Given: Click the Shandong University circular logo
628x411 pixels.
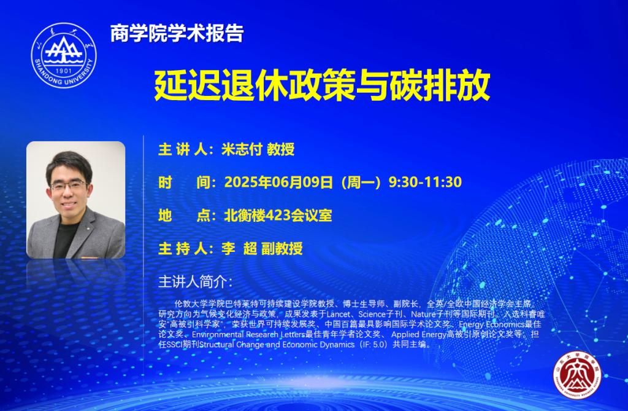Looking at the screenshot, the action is [64, 55].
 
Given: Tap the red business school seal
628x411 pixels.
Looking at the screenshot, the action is [577, 375].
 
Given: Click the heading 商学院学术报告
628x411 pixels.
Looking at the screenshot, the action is [177, 33].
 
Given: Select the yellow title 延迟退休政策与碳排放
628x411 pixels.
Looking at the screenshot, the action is [322, 85].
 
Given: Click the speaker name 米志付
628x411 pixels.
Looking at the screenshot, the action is [242, 149].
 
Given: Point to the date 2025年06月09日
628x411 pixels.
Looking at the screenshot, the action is [278, 182].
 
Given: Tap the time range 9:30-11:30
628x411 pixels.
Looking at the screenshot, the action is [425, 182].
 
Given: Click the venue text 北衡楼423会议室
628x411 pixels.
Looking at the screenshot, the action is [278, 216].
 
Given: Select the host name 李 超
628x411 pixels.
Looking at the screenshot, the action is [239, 248].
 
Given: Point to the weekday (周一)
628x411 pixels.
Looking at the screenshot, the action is [361, 182].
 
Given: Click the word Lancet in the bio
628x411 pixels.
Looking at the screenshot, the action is [339, 314].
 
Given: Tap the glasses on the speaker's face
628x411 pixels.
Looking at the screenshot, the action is [69, 185].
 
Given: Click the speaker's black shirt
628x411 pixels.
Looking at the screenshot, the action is [65, 238].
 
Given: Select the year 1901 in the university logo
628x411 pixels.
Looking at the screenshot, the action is [64, 71].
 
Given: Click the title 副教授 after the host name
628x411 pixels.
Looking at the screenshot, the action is [282, 248].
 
